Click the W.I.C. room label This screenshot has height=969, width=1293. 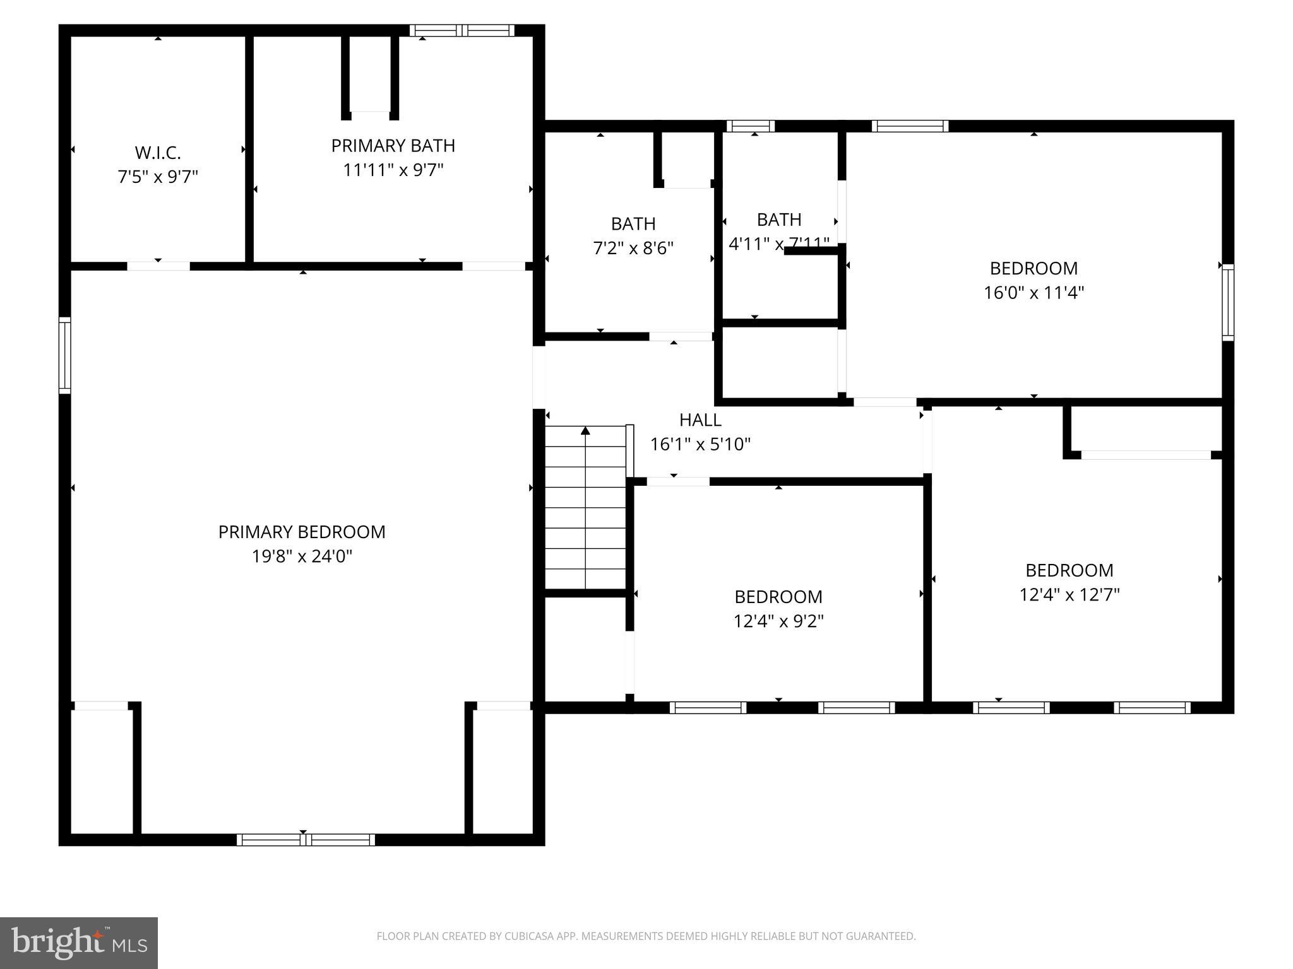click(158, 153)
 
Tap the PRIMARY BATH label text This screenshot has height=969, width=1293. click(393, 146)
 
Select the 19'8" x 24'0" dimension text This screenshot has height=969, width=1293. click(302, 556)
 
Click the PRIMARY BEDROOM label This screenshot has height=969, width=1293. click(302, 532)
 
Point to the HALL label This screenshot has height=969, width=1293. click(700, 420)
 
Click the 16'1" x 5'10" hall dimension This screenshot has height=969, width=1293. click(700, 444)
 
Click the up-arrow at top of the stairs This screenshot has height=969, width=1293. click(585, 431)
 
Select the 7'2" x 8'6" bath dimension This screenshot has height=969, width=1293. click(633, 248)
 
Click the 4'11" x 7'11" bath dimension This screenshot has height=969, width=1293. click(778, 244)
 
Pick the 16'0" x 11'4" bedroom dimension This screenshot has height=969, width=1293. click(1034, 293)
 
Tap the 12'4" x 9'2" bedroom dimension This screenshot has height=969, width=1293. click(778, 621)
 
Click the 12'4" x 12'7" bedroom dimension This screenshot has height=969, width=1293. click(1069, 595)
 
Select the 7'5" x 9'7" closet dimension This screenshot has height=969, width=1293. click(158, 177)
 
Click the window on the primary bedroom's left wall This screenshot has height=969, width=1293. click(64, 355)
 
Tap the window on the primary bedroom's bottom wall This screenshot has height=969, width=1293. click(306, 840)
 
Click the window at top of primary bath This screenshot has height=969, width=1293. click(462, 30)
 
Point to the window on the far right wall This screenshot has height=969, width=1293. click(1227, 303)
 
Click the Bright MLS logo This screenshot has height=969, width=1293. click(78, 943)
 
